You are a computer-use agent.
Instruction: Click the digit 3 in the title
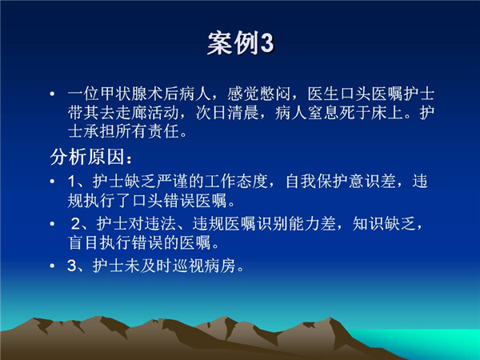267,43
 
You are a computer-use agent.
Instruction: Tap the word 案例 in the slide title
234,43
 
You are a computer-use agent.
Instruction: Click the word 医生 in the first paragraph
323,94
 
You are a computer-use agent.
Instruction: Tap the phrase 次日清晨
227,113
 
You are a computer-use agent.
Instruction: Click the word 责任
163,132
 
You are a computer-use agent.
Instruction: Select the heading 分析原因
87,158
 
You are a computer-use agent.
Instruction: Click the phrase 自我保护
317,182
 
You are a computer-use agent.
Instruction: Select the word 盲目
84,243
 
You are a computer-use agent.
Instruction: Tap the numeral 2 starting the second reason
75,224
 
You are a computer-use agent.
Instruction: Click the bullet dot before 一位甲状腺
52,94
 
